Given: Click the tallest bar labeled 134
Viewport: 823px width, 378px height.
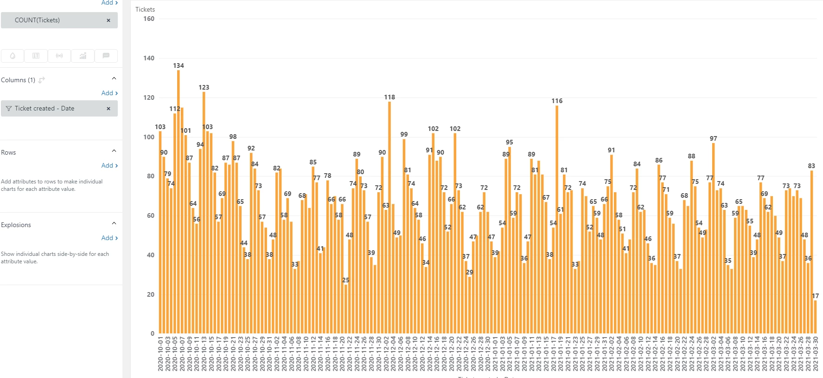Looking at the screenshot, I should pos(179,200).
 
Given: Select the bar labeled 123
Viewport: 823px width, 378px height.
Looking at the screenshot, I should pos(204,211).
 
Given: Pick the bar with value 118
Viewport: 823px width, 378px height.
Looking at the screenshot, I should pos(389,216).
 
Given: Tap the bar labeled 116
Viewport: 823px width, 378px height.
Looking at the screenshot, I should pos(557,218).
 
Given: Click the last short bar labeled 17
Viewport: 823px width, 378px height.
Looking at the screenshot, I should pos(815,317).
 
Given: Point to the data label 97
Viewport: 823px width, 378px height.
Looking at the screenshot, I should pos(713,138).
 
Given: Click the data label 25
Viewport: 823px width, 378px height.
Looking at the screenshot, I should pos(345,280).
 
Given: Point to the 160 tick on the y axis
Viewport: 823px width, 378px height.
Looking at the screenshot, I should pos(149,19).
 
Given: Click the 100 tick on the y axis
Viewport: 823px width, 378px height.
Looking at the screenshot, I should pos(149,137).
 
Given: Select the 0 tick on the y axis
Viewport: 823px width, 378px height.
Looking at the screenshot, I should pos(152,333).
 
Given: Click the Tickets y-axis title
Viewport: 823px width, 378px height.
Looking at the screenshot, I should pos(145,9).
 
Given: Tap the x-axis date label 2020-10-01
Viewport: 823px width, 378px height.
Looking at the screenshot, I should pos(160,354).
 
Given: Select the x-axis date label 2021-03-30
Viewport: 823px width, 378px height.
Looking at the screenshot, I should pos(815,354).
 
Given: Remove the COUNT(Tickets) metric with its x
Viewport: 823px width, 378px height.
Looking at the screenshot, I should pos(108,20).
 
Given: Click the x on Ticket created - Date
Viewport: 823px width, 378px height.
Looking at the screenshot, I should pos(108,109).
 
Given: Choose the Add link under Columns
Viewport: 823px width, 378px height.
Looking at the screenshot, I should pos(109,93).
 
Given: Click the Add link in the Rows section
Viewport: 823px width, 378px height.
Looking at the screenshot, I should pos(109,165).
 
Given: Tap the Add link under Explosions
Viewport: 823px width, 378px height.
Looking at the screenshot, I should pos(109,238).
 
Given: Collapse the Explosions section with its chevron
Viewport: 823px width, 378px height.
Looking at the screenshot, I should pos(114,223).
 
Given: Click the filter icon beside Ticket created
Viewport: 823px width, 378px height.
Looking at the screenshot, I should pos(9,109).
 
